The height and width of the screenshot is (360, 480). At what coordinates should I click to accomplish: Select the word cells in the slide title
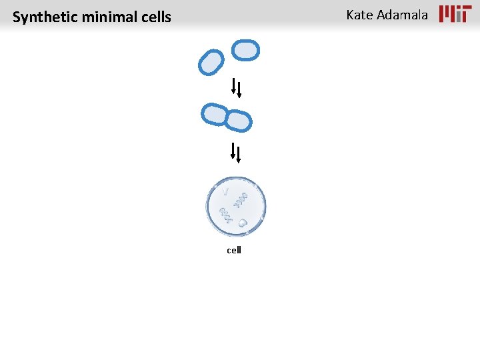coord(153,17)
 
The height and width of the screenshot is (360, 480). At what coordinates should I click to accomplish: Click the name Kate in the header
coord(360,15)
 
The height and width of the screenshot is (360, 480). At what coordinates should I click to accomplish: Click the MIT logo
coord(455,14)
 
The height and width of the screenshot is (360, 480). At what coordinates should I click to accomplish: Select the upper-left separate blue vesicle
coord(211,62)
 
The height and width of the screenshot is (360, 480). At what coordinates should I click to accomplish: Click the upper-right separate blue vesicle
coord(245,50)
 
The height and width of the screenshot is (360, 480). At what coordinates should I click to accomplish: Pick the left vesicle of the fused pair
coord(215,114)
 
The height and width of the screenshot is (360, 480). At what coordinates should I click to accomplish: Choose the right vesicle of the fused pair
coord(238,121)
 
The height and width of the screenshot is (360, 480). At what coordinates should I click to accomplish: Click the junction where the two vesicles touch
coord(227,118)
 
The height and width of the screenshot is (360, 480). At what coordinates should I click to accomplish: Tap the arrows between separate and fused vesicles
coord(236,88)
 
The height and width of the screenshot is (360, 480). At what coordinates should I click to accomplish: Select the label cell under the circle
coord(234,250)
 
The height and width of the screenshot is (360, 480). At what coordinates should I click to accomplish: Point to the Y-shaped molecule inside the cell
coord(227,192)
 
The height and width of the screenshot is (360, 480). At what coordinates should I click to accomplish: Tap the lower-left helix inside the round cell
coord(227,215)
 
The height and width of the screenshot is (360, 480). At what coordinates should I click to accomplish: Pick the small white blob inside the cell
coord(243,223)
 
